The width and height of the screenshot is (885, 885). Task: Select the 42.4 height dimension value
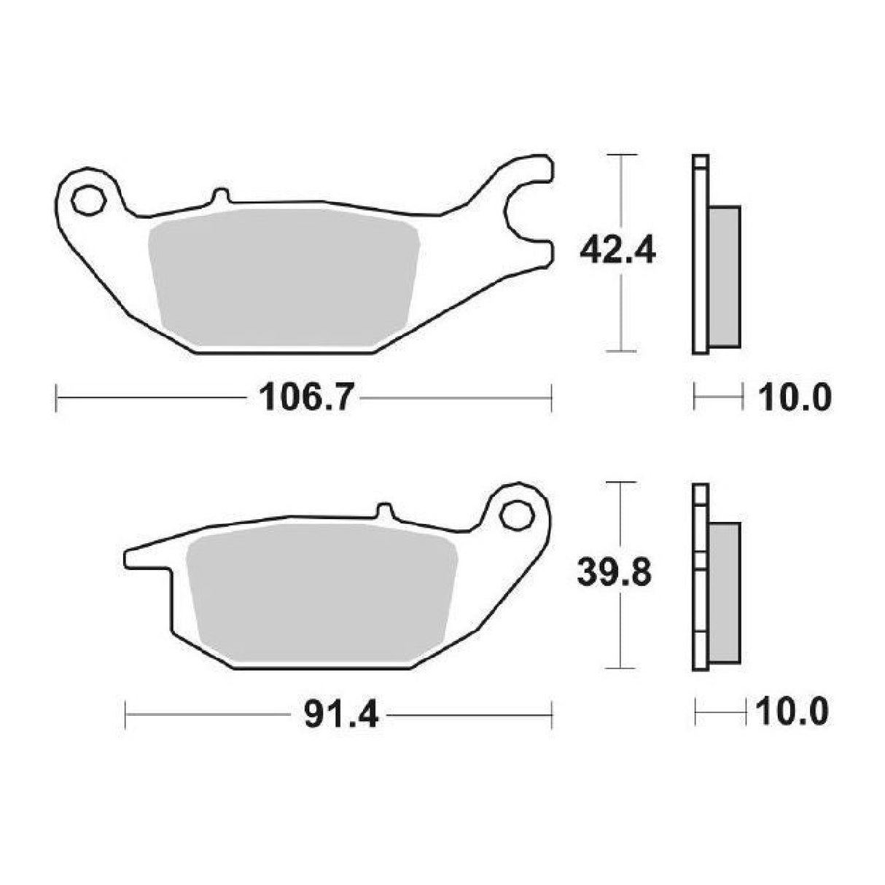pos(618,252)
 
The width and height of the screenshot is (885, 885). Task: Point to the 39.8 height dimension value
pos(615,574)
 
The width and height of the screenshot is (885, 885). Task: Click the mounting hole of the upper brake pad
pos(88,199)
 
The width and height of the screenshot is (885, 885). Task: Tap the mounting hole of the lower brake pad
pos(518,515)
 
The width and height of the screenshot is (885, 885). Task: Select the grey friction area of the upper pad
pos(284,277)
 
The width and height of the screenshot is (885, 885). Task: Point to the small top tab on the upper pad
pos(219,197)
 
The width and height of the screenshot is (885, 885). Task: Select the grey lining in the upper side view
pos(724,277)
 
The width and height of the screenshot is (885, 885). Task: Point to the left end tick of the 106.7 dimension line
pos(57,399)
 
